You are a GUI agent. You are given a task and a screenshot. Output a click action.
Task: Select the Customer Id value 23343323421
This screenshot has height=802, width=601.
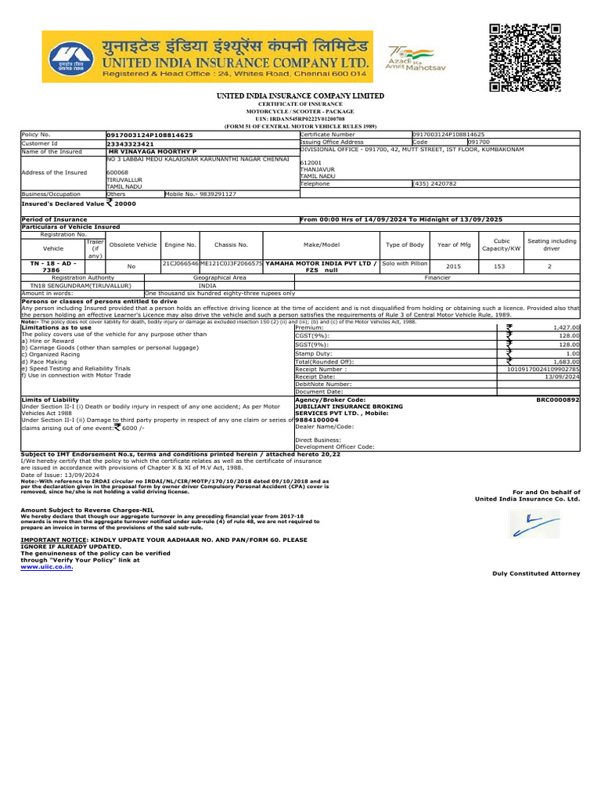(x=130, y=143)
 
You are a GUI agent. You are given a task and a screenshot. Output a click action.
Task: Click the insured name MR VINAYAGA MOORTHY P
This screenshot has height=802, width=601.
(x=152, y=151)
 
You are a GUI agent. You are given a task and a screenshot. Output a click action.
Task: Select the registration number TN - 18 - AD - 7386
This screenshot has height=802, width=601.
(x=53, y=266)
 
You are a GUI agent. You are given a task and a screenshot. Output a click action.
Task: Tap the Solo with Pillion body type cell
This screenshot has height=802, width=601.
(x=405, y=263)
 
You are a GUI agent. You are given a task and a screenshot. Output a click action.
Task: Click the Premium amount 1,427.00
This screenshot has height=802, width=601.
(x=566, y=327)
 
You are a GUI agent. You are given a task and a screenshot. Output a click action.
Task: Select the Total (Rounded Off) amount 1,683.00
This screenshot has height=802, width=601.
(x=566, y=362)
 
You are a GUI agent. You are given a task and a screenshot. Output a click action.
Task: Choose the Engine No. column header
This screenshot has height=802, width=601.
(x=180, y=244)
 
